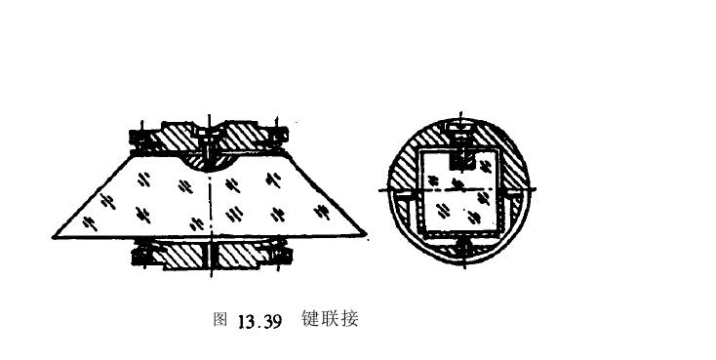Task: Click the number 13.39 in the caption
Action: [259, 321]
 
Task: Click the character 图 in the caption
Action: [219, 320]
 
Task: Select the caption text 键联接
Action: [330, 319]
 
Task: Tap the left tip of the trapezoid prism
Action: [55, 237]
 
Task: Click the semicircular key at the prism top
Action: [211, 157]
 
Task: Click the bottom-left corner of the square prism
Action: [418, 234]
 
